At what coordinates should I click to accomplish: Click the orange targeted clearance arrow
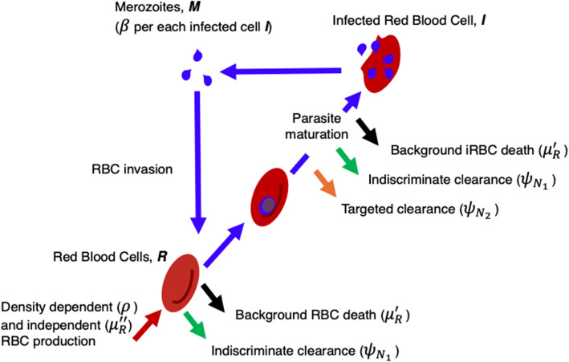pos(325,183)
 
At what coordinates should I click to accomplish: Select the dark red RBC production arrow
pos(148,325)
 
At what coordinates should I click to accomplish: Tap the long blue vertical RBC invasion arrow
pos(198,162)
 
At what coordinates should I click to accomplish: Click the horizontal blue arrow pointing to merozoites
pos(281,71)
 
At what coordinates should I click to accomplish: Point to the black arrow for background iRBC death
pos(368,132)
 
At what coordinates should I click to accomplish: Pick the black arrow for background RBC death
pos(213,297)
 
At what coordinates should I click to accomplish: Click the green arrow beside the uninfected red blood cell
pos(195,325)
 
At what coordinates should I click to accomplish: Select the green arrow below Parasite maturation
pos(347,161)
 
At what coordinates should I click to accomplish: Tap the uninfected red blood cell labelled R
pos(181,283)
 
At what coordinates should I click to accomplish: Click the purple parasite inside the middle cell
pos(268,205)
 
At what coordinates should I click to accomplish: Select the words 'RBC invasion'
pos(132,169)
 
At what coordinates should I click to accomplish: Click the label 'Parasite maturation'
pos(316,126)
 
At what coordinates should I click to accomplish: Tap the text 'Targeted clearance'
pos(398,209)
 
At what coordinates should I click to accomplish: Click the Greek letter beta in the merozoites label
pos(124,27)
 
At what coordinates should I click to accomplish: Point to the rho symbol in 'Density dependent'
pos(126,308)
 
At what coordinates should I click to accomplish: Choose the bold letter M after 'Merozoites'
pos(194,7)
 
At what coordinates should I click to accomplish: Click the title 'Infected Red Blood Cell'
pos(404,21)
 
